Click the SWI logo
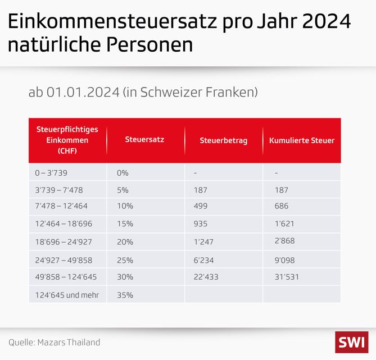(351, 341)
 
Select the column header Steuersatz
(144, 140)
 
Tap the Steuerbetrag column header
(223, 140)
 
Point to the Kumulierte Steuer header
(302, 140)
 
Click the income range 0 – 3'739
(51, 173)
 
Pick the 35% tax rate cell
(125, 295)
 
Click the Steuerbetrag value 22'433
(206, 277)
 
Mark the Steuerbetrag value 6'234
(203, 260)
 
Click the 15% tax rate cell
(125, 224)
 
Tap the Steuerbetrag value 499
(200, 207)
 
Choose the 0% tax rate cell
(123, 173)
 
